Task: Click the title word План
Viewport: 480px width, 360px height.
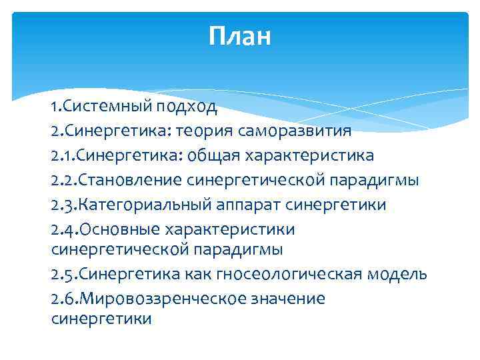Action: click(x=239, y=36)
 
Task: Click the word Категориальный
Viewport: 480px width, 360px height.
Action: click(x=140, y=205)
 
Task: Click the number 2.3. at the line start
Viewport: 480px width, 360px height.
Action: click(x=64, y=205)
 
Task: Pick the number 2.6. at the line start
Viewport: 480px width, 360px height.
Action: click(x=64, y=299)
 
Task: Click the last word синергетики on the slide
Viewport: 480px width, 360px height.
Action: click(x=101, y=319)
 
